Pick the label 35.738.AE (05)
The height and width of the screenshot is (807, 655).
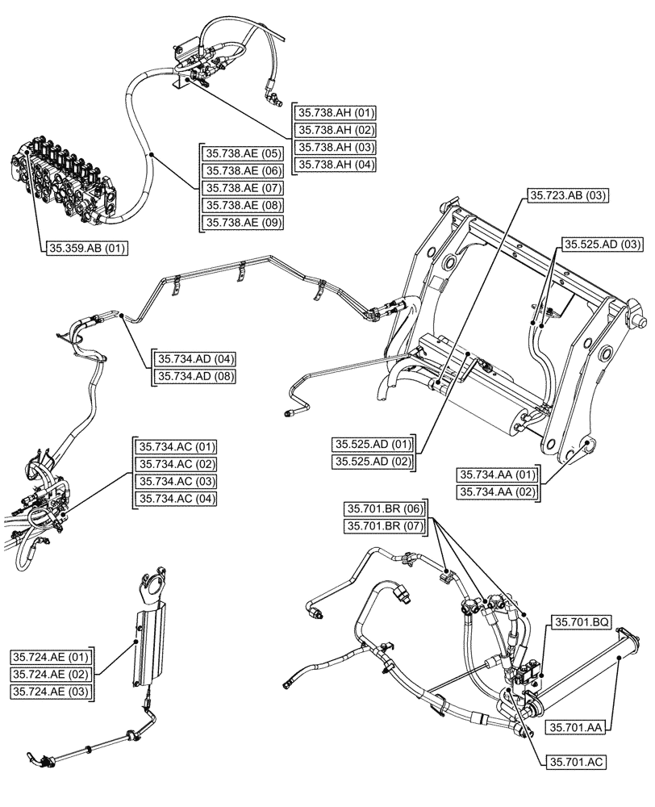click(243, 153)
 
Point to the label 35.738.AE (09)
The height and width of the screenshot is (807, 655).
click(243, 223)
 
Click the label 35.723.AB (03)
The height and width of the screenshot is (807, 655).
click(569, 195)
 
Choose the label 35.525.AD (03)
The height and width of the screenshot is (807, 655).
click(602, 244)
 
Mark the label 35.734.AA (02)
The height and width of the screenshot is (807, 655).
click(498, 491)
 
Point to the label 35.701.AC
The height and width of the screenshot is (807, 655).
click(578, 761)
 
